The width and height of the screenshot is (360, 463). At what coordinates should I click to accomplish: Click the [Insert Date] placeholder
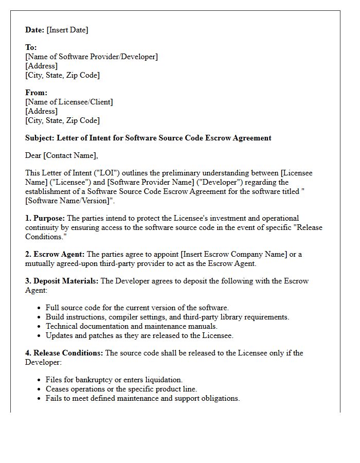pyautogui.click(x=67, y=30)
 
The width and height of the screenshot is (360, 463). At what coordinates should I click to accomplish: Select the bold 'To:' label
pyautogui.click(x=31, y=47)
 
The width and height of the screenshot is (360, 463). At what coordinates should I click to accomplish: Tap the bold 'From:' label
pyautogui.click(x=36, y=93)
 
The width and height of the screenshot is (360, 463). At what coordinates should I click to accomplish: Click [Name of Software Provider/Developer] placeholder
pyautogui.click(x=92, y=57)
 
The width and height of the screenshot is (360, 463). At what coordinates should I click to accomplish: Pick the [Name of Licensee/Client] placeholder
pyautogui.click(x=69, y=102)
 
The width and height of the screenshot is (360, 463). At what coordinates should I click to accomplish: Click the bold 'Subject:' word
pyautogui.click(x=40, y=138)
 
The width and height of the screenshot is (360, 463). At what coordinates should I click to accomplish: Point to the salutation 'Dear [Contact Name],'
pyautogui.click(x=61, y=155)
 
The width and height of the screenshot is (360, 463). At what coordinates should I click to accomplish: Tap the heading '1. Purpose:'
pyautogui.click(x=45, y=218)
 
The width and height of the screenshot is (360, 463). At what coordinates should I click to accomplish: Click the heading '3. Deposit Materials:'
pyautogui.click(x=62, y=281)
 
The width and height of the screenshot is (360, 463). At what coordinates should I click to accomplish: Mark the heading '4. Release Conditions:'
pyautogui.click(x=64, y=353)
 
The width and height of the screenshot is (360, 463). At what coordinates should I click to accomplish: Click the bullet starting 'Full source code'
pyautogui.click(x=137, y=308)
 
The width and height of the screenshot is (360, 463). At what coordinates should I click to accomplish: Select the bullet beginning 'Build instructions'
pyautogui.click(x=167, y=317)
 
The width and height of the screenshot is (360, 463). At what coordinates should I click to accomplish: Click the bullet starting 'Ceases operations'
pyautogui.click(x=121, y=389)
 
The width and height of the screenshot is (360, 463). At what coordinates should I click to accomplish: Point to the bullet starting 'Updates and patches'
pyautogui.click(x=139, y=335)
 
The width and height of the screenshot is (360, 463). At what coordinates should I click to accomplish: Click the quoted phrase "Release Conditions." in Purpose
pyautogui.click(x=303, y=227)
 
